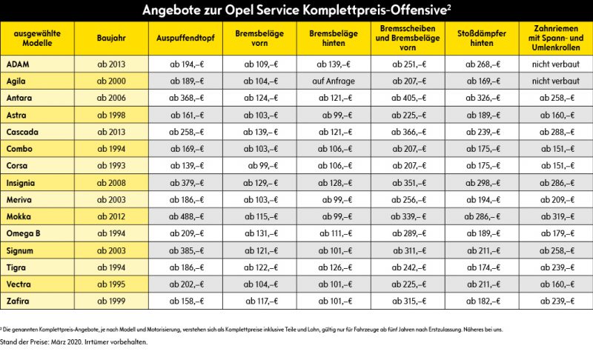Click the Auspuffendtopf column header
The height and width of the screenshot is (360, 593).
[x=185, y=39]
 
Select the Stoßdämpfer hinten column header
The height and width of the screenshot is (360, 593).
[x=481, y=39]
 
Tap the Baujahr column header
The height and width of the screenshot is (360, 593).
[x=111, y=39]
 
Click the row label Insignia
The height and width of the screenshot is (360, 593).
[x=21, y=183]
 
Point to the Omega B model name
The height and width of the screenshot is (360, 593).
[x=23, y=233]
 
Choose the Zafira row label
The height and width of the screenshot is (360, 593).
[x=18, y=301]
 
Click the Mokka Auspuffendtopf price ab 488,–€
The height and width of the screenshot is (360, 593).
[x=186, y=217]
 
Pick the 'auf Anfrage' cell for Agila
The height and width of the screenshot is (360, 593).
[x=334, y=81]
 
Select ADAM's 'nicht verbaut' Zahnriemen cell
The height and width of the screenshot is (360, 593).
[x=555, y=64]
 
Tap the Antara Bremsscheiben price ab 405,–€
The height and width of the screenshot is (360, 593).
[x=409, y=99]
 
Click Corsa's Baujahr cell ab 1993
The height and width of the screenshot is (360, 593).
[x=111, y=165]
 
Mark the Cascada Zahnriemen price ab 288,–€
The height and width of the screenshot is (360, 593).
[x=557, y=132]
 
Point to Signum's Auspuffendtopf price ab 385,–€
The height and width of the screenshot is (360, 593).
[x=186, y=251]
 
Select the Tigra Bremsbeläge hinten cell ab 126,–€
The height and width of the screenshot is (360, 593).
[x=335, y=267]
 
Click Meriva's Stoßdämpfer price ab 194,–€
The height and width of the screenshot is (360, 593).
[x=483, y=200]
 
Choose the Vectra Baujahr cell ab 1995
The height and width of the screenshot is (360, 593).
[x=111, y=284]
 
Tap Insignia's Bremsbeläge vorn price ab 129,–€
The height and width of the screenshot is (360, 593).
[x=261, y=183]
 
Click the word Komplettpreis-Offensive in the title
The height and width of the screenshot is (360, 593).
[x=375, y=10]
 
